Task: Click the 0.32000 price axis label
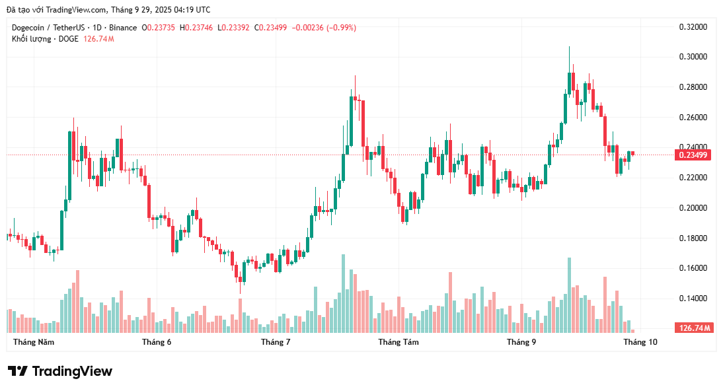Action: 693,27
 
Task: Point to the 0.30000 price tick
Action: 693,57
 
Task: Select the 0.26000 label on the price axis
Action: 693,118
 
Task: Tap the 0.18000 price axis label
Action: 693,238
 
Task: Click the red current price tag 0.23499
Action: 693,155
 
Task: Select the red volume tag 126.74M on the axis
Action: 693,328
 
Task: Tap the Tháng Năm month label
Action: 34,342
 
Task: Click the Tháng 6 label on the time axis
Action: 157,342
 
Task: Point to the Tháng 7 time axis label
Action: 276,342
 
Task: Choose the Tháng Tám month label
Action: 398,342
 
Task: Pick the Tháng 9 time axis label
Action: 521,342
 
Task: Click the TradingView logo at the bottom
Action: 60,371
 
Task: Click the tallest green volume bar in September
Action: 569,295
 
